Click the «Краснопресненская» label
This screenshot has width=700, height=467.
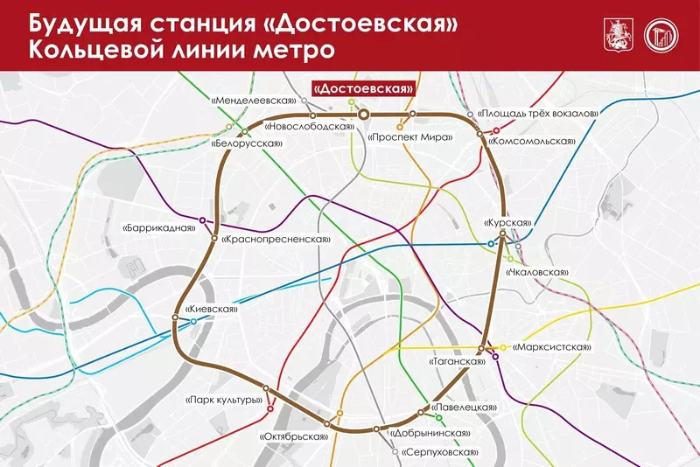(x=275, y=240)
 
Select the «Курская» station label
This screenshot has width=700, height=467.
(x=507, y=223)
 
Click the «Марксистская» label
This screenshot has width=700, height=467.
(x=549, y=347)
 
